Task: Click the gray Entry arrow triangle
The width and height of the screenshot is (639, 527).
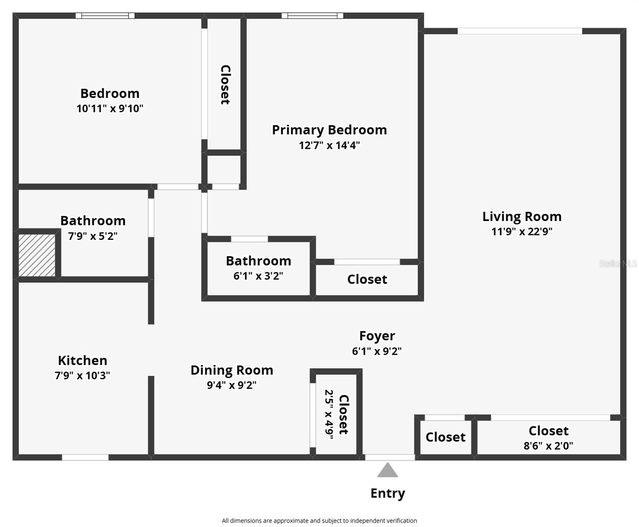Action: coord(388,471)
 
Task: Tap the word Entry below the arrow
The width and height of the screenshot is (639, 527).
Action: coord(388,493)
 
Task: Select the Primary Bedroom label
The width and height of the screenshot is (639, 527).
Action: coord(329,130)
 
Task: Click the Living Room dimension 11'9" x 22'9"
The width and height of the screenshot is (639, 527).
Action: coord(521,231)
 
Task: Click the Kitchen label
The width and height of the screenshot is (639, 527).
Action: coord(83,361)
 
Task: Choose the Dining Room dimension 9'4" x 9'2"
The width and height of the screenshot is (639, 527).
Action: coord(232,385)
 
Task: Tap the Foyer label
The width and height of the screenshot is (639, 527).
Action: coord(377,336)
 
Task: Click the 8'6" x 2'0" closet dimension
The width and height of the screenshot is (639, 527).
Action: coord(548,446)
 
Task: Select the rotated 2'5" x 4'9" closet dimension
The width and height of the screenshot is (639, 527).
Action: coord(329,414)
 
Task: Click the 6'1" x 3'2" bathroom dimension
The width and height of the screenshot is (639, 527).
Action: coord(258,276)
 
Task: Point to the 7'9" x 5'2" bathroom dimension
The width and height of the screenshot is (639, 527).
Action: coord(93,236)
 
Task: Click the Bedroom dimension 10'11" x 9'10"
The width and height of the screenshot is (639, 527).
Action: coord(110,108)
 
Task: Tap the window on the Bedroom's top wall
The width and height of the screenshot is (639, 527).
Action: coord(105,16)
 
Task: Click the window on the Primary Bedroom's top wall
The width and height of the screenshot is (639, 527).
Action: coord(312,16)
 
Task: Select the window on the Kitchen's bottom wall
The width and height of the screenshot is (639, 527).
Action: coord(85,458)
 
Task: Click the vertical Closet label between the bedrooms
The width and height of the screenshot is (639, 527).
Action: coord(225,85)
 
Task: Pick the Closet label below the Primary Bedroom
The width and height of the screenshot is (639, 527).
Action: coord(367,279)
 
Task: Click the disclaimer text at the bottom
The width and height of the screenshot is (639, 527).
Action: coord(319,521)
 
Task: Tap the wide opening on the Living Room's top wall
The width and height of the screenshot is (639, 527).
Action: coord(520,31)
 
